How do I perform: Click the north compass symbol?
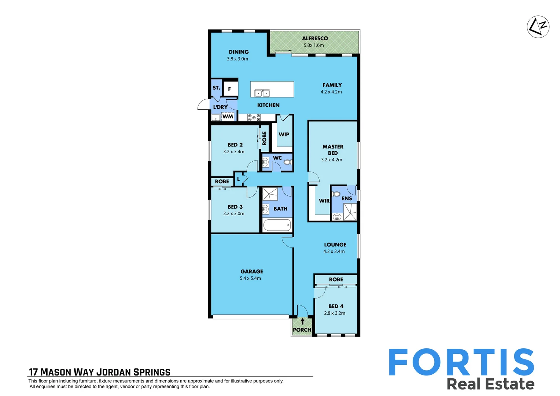pos(538,27)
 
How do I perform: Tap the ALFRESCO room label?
pos(315,38)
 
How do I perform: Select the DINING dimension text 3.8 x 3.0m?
pos(237,59)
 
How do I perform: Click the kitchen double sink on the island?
pos(262,93)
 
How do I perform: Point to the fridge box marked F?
pos(230,89)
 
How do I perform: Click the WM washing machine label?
pos(228,117)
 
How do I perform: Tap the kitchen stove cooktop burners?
pos(254,117)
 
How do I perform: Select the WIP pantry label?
pos(284,135)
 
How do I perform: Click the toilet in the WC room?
pos(288,162)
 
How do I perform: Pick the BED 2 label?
pos(235,145)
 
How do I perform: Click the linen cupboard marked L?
pos(239,179)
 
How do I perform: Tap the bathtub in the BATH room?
pos(277,225)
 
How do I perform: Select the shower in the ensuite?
pos(350,212)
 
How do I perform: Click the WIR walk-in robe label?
pos(324,201)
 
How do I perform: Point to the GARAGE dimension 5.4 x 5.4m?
pos(250,278)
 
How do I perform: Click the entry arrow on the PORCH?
pos(302,322)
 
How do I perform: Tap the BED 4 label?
pos(336,306)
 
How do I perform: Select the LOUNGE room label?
pos(335,245)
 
